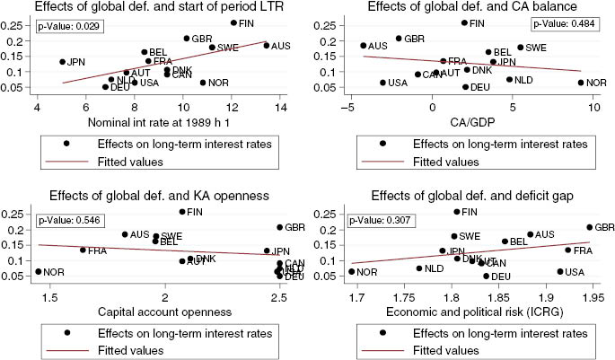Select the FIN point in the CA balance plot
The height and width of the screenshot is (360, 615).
click(464, 22)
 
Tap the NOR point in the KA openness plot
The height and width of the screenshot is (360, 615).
click(39, 272)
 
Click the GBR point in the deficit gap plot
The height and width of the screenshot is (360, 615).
click(589, 227)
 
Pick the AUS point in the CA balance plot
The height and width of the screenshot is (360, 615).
click(364, 45)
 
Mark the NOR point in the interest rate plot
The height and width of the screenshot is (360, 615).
click(203, 83)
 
